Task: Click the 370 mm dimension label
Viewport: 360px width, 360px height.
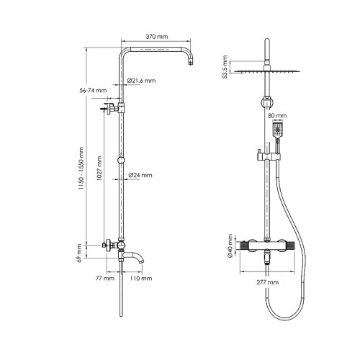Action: tap(157, 37)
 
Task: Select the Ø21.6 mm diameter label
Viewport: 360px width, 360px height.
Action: tap(141, 81)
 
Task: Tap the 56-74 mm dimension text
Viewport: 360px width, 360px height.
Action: tap(93, 91)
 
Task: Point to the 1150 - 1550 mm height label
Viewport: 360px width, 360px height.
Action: tap(81, 168)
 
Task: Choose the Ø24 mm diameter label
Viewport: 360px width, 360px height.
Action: tap(140, 175)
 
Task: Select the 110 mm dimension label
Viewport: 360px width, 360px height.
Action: tap(141, 279)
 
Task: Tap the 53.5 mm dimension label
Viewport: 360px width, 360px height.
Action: tap(225, 67)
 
